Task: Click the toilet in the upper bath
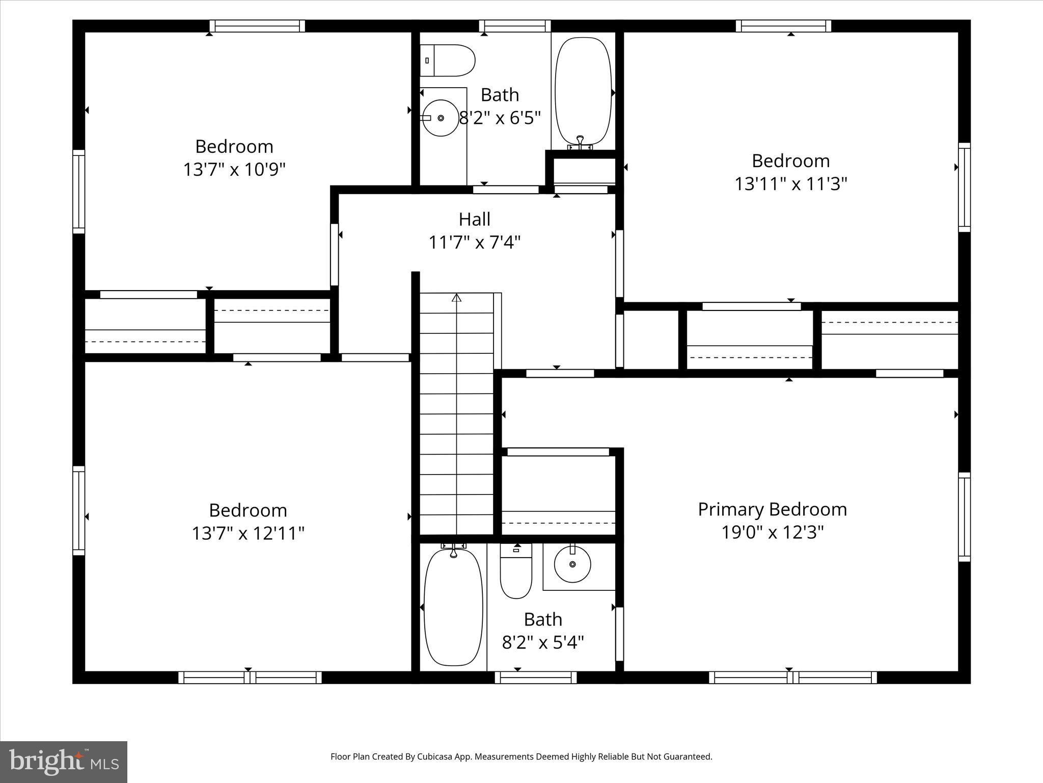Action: pos(447,61)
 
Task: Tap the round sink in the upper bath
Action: pos(441,118)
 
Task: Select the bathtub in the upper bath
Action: pos(583,92)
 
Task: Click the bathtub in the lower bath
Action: pos(453,607)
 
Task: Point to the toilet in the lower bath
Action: pos(516,571)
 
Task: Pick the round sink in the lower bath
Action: pos(572,564)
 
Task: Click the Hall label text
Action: pos(474,219)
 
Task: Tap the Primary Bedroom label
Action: pos(772,509)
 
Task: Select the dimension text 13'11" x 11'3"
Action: pos(790,184)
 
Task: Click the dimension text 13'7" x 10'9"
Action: pos(234,169)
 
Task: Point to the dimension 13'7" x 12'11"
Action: pos(248,533)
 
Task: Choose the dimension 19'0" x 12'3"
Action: pos(772,532)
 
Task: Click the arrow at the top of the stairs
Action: pos(456,298)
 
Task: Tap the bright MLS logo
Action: pos(64,762)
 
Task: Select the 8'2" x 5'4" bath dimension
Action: pos(543,642)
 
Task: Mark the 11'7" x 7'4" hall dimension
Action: pos(474,242)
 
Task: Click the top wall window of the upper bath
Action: pos(515,26)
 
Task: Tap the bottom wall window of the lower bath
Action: pos(535,677)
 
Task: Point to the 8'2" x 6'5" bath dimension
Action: pos(500,118)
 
